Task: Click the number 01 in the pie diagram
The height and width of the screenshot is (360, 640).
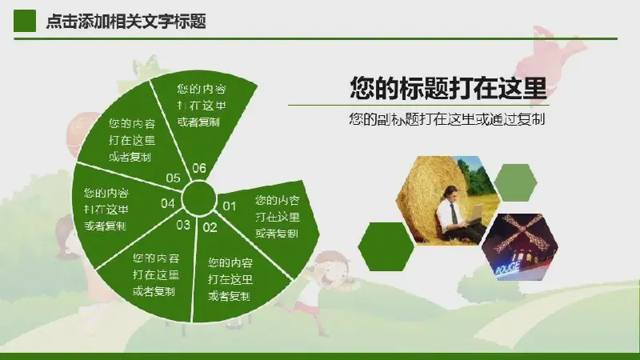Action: click(229, 206)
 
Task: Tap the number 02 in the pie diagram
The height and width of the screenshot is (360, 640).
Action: click(210, 227)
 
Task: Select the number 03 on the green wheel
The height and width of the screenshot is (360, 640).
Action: click(183, 225)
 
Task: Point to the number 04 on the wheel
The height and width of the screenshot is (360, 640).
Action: click(168, 203)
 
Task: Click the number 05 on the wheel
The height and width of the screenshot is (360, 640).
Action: click(173, 178)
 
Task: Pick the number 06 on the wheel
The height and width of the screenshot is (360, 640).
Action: click(199, 168)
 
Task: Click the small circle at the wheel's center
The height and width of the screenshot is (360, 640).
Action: click(198, 198)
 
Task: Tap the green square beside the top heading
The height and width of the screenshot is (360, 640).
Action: click(25, 21)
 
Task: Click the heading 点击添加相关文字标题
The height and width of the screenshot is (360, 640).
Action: click(126, 22)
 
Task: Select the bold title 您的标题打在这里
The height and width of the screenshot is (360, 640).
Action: click(448, 88)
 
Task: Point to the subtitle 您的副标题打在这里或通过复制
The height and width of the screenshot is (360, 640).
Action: click(447, 119)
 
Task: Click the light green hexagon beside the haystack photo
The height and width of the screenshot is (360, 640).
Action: click(515, 182)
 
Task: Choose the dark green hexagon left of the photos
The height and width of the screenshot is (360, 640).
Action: click(386, 246)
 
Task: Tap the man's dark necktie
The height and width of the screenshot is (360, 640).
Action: click(454, 213)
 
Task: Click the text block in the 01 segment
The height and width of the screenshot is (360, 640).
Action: click(278, 216)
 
